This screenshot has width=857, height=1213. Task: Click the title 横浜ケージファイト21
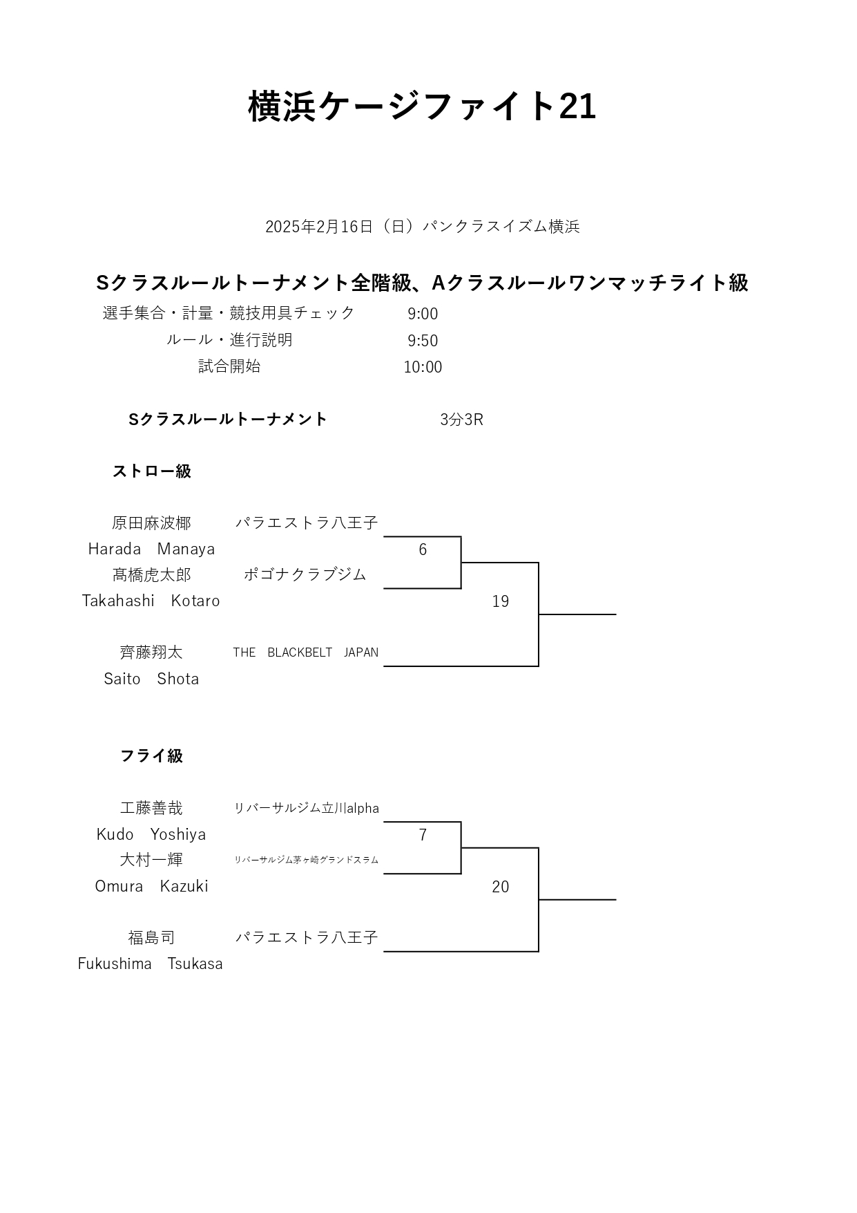422,106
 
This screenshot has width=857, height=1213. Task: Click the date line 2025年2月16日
319,227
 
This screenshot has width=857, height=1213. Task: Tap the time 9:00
423,314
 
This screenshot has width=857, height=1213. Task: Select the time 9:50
423,341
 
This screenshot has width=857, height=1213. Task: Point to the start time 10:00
423,367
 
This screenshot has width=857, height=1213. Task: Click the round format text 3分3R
461,420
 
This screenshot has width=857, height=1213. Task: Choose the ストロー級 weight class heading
152,471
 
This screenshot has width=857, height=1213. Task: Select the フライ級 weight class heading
152,756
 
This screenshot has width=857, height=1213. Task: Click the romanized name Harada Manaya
151,549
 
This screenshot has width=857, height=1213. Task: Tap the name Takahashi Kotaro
151,601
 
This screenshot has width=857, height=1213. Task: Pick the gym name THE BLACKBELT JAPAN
305,652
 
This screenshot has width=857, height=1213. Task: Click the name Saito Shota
151,679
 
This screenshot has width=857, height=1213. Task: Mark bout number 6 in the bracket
423,549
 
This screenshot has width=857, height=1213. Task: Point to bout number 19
501,601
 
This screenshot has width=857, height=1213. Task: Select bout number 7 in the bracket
423,835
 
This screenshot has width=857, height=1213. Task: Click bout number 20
501,887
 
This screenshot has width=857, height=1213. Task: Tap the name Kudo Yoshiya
151,834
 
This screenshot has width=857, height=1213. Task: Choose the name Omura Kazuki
151,886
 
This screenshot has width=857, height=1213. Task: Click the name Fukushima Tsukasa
151,963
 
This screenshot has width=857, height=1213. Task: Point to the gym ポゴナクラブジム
305,575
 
